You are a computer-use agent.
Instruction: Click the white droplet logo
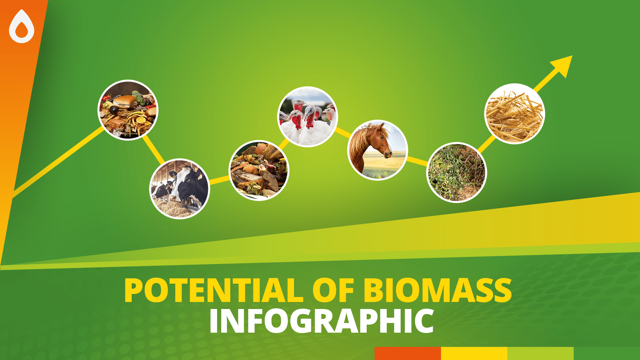[22, 27]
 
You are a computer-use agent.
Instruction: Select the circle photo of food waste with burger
[128, 110]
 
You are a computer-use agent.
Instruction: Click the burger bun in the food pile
[125, 100]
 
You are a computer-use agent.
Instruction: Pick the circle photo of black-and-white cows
[180, 189]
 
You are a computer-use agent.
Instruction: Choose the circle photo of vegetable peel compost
[259, 170]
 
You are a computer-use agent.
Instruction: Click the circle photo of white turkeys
[308, 117]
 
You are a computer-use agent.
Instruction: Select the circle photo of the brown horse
[377, 150]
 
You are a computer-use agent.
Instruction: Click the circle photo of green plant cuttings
[457, 172]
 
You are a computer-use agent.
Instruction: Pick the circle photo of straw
[514, 114]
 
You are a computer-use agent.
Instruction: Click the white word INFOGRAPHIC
[322, 321]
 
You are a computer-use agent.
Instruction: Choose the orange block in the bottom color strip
[407, 353]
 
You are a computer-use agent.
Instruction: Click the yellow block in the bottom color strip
[474, 353]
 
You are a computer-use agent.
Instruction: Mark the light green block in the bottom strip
[540, 353]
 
